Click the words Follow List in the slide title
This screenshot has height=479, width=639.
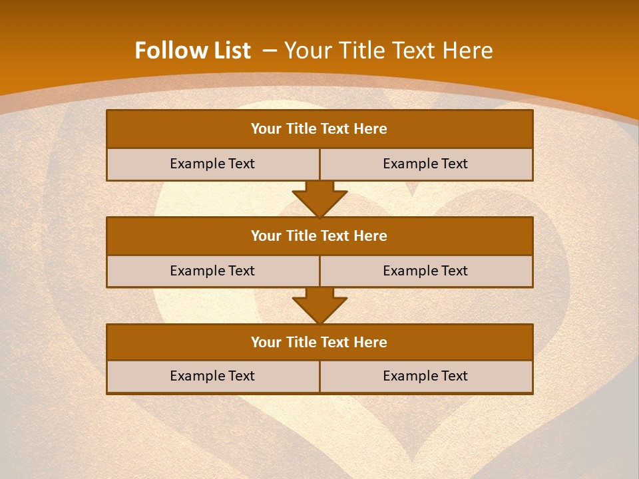tap(192, 51)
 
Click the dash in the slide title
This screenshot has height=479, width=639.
tap(270, 51)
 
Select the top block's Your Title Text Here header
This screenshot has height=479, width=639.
tap(319, 129)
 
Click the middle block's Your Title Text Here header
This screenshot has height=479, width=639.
tap(319, 236)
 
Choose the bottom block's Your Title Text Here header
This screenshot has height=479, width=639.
tap(319, 342)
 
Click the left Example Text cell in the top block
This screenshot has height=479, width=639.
tap(212, 164)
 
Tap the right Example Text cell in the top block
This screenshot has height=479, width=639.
tap(425, 164)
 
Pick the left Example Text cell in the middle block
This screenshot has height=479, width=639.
tap(212, 271)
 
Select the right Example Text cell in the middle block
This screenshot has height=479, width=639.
tap(425, 271)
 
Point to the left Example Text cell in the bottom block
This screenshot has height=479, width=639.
tap(212, 376)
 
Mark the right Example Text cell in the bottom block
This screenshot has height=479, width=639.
tap(425, 376)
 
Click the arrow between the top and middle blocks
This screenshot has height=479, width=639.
tap(319, 199)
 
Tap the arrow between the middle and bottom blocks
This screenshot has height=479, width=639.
tap(319, 305)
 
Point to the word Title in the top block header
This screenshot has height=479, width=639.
tap(302, 129)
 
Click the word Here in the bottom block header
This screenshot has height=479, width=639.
tap(371, 342)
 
